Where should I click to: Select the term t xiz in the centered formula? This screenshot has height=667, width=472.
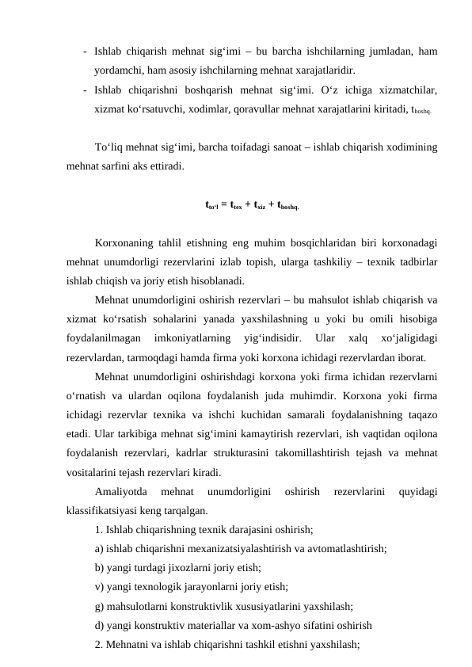261,205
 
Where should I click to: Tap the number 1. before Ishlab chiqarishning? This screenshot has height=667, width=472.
98,528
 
